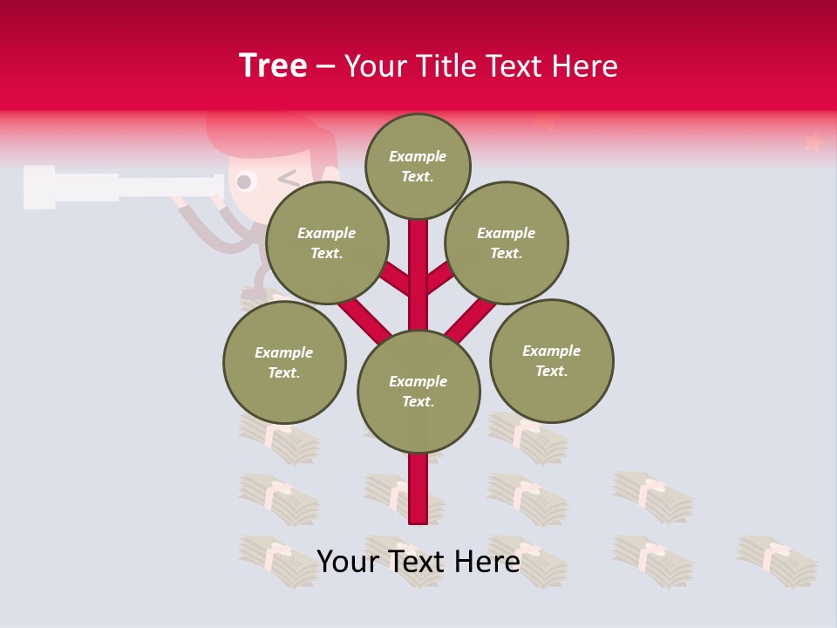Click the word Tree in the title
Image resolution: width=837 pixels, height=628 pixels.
point(273,66)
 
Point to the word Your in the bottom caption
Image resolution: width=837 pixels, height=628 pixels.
point(347,562)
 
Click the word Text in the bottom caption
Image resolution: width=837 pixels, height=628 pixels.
point(417,562)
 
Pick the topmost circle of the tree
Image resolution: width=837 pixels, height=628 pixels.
point(418,166)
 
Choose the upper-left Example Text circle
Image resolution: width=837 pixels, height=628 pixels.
point(326,242)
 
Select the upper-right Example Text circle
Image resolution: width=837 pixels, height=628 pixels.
point(506,242)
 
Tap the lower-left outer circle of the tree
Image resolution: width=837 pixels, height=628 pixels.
point(284,362)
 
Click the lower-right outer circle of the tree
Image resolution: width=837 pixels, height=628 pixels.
point(551,360)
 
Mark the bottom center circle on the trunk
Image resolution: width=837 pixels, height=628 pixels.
point(418,391)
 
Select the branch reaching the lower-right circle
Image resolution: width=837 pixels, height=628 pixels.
point(471,317)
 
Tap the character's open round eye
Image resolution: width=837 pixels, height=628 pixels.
point(244,181)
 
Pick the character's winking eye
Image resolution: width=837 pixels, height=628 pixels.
point(288,179)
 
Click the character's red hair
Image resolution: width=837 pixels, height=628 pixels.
point(253,131)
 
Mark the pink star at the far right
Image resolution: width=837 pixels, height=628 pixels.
point(813,141)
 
